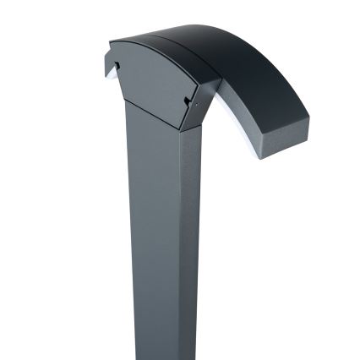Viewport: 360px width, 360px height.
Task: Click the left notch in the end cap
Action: [x=117, y=65]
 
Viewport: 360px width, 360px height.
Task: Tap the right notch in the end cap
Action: [x=187, y=101]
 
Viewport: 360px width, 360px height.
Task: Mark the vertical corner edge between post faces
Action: [x=180, y=237]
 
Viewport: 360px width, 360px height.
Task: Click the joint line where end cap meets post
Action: [x=152, y=115]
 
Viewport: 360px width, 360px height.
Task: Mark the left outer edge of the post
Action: [x=129, y=237]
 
